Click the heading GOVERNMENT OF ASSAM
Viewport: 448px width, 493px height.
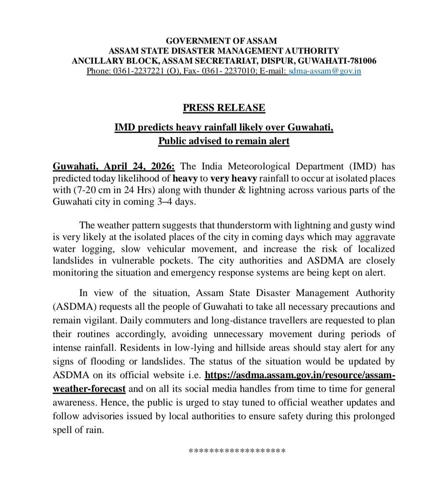221,41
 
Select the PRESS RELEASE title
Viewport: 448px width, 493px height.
224,108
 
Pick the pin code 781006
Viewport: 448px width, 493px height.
360,61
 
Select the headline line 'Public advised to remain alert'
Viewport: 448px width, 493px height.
224,141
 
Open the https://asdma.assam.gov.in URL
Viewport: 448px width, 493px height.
300,375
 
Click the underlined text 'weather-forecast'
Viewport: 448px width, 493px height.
89,389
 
